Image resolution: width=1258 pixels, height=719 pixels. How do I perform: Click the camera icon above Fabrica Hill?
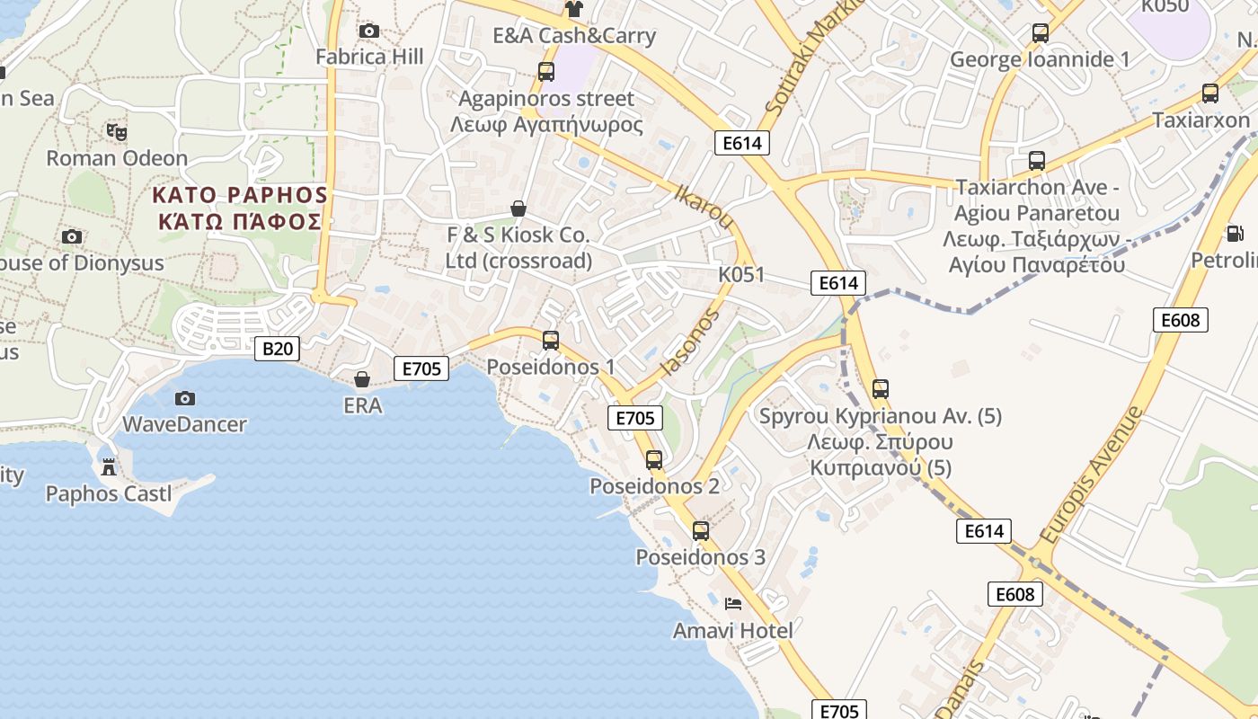click(368, 31)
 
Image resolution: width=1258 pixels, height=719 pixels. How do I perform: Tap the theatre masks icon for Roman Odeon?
click(116, 132)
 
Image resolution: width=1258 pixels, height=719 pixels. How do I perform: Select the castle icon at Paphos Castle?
click(109, 466)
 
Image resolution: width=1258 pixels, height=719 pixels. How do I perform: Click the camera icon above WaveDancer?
click(184, 398)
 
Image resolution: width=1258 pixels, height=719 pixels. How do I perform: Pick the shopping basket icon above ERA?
click(361, 379)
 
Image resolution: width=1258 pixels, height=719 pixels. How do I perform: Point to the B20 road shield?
click(277, 349)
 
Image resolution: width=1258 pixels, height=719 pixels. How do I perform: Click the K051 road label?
click(741, 274)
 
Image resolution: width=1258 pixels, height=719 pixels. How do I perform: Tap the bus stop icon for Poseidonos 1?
click(551, 341)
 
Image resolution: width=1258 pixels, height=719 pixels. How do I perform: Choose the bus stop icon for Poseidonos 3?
click(701, 531)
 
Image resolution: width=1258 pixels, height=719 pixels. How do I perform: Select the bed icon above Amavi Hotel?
click(733, 604)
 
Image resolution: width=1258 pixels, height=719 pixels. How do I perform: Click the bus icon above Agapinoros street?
click(545, 72)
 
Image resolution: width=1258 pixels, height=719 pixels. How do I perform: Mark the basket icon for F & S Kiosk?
click(518, 209)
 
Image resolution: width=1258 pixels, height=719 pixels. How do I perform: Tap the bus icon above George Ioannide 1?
click(1040, 33)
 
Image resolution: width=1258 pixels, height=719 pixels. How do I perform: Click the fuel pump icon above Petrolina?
click(1236, 234)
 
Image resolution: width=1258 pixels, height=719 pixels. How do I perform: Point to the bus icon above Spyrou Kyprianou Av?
click(881, 389)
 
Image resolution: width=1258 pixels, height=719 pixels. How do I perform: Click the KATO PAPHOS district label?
click(240, 208)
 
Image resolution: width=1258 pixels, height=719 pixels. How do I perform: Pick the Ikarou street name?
click(703, 206)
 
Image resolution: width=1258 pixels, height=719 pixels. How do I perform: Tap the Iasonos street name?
click(690, 342)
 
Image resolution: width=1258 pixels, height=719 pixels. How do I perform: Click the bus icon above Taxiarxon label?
click(1210, 93)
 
